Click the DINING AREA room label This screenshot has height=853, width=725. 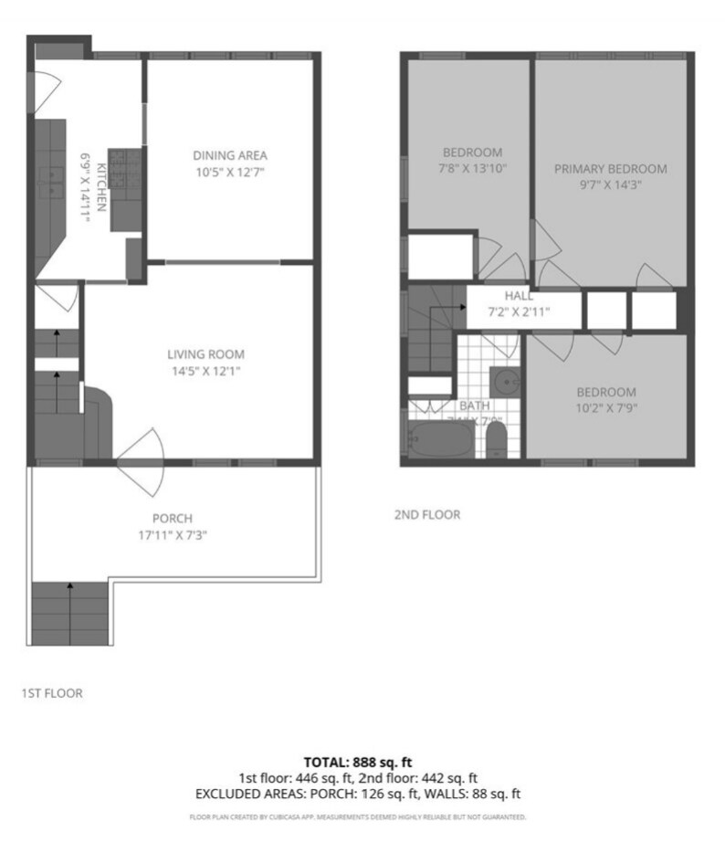pos(229,154)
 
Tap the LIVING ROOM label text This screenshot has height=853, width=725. pos(205,354)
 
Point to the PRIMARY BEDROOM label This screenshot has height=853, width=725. pos(610,169)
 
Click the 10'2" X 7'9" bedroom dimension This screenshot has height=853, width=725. pos(605,407)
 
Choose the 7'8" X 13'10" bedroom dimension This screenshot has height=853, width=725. pos(473,168)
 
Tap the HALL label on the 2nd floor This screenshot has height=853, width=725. pos(519,296)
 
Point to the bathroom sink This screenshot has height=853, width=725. pos(502,380)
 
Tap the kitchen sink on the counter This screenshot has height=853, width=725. pos(50,184)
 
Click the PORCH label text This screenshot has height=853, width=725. pos(173,518)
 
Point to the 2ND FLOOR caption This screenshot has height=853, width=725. pos(426,515)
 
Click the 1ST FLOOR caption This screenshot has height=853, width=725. pos(52,693)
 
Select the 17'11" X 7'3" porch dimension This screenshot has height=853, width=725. pos(172,536)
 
